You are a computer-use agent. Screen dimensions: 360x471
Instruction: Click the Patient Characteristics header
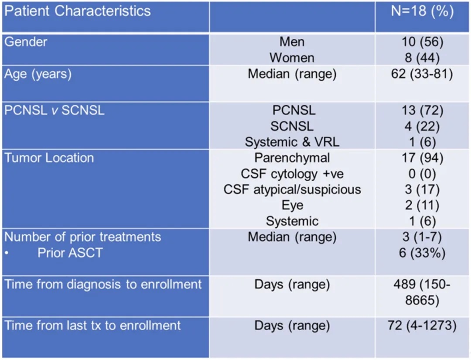tap(78, 11)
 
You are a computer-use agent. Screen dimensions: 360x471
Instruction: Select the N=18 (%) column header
tap(422, 11)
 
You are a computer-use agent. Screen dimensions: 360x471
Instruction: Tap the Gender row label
tap(26, 42)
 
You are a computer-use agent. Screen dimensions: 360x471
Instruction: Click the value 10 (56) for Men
tap(422, 42)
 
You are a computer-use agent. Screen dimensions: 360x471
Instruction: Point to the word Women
tap(292, 58)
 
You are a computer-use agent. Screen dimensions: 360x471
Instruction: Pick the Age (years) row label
tap(38, 74)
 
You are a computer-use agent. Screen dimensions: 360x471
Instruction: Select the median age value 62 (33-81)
tap(422, 74)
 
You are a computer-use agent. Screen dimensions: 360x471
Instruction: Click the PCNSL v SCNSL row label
tap(55, 110)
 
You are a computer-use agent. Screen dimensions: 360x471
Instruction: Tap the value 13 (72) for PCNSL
tap(422, 110)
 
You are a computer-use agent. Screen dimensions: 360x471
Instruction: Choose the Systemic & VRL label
tap(292, 142)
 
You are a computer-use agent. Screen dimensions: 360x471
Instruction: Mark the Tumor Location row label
tap(49, 158)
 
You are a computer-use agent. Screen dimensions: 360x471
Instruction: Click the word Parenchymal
tap(292, 158)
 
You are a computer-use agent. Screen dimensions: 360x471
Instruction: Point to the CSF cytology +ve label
tap(292, 174)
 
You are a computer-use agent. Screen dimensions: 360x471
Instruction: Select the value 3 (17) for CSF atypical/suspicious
tap(422, 189)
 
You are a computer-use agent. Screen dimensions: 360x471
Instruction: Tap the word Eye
tap(292, 205)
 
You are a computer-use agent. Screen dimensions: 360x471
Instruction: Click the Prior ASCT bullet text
tap(70, 253)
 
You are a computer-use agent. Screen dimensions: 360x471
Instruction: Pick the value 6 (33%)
tap(422, 253)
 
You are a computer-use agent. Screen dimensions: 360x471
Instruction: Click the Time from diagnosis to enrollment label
tap(103, 285)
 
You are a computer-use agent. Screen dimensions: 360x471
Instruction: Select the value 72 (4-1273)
tap(422, 326)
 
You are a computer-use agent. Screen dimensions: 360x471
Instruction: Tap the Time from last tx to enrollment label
tap(92, 326)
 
